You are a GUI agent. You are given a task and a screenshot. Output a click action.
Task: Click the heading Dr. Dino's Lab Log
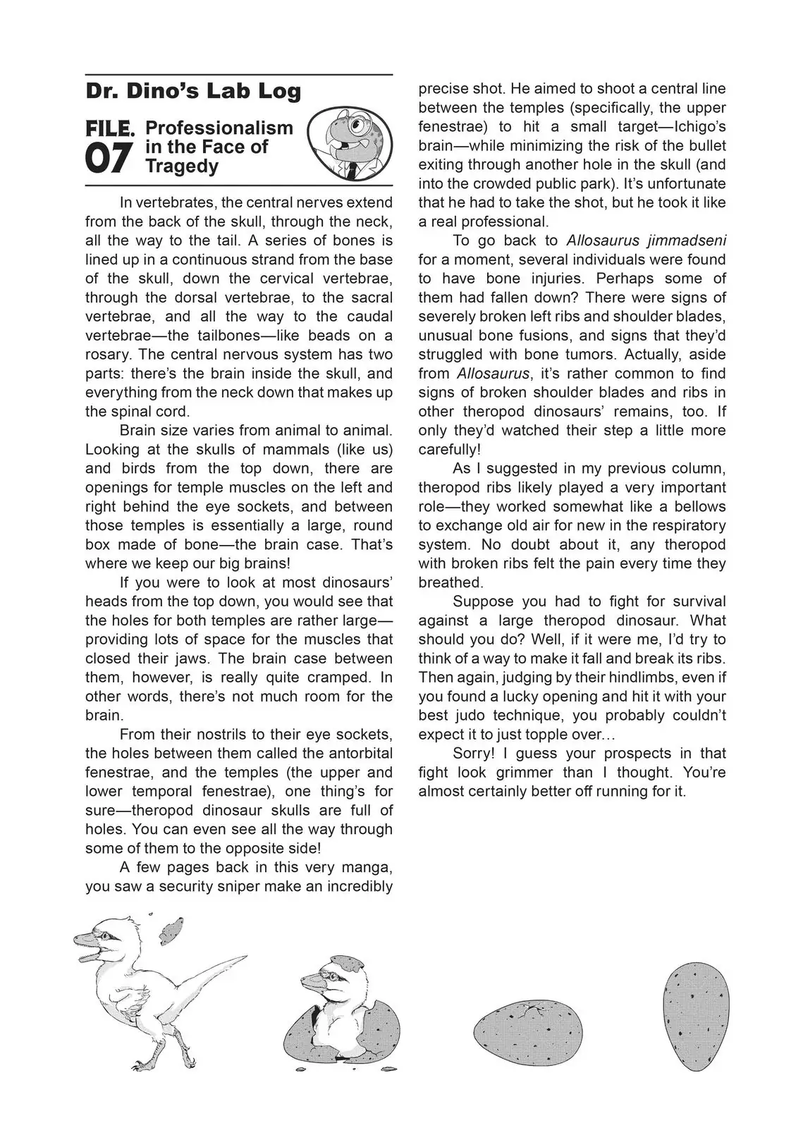(x=193, y=92)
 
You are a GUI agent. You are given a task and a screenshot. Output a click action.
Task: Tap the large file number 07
(x=109, y=158)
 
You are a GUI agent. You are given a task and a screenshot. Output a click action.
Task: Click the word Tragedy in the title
(x=182, y=166)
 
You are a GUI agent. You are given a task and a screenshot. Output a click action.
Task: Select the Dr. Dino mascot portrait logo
(x=350, y=144)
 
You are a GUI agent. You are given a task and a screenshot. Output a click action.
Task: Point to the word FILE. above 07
(x=110, y=128)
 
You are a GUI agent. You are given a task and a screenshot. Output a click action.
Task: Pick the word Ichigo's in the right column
(x=697, y=127)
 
